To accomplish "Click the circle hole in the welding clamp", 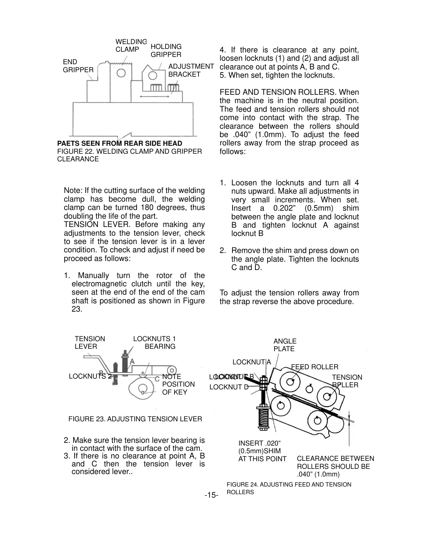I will point(121,73).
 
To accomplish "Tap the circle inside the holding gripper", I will point(153,75).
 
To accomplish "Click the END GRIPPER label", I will point(78,66).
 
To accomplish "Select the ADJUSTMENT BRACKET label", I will point(191,70).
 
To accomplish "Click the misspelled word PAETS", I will point(68,143).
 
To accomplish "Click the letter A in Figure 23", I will point(132,361).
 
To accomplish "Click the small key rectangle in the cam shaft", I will point(143,392).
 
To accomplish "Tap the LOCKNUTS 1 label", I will point(154,339).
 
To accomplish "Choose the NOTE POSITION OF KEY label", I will point(178,384).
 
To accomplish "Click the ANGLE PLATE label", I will point(285,345).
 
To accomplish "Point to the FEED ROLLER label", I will point(314,367).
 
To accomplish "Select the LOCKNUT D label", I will point(229,387).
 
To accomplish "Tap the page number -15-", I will point(211,495).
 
